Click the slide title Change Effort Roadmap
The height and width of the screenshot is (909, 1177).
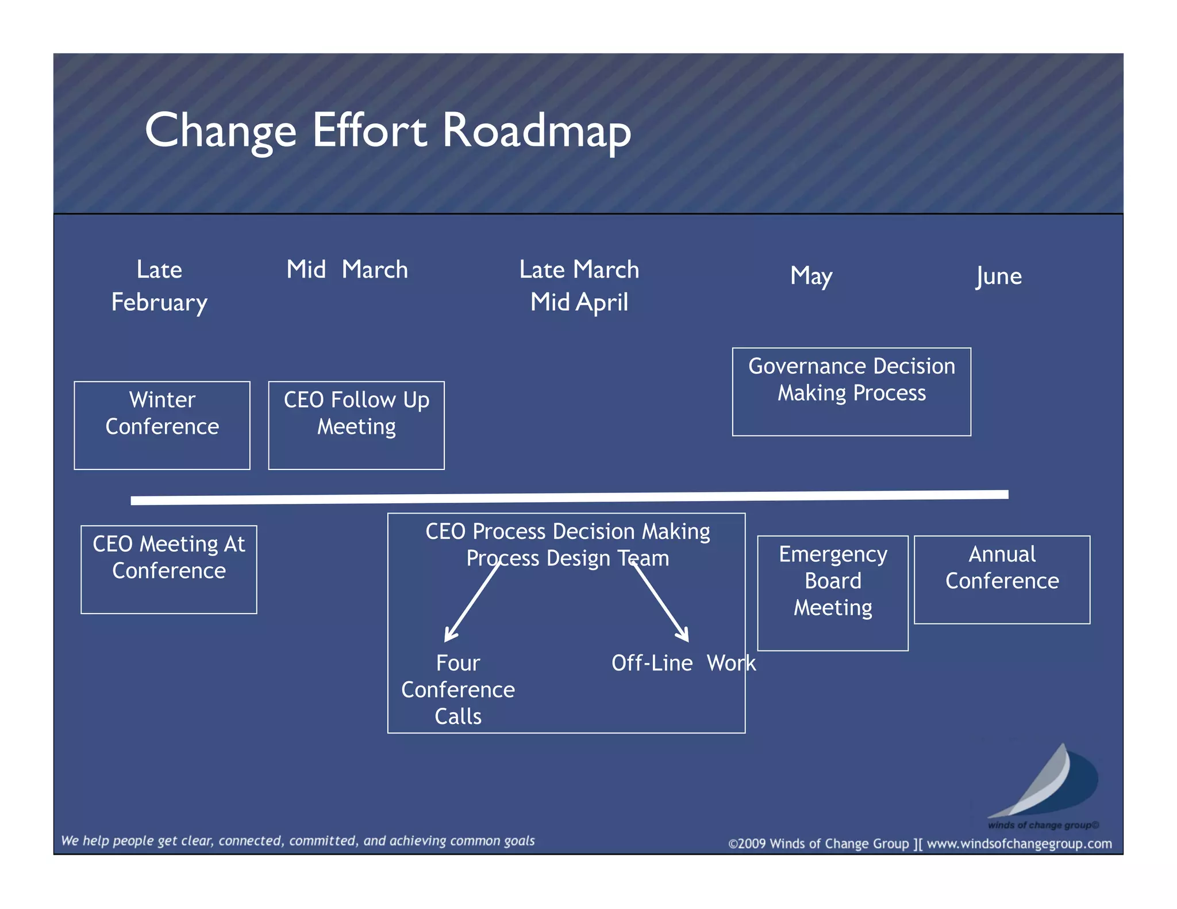click(388, 131)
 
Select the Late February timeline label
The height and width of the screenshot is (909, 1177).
click(159, 286)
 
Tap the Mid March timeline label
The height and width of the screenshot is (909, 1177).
click(347, 269)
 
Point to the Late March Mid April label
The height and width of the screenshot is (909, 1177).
click(579, 286)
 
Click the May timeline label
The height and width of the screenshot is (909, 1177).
click(811, 276)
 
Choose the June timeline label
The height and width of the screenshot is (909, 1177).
click(999, 276)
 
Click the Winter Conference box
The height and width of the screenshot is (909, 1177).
click(162, 425)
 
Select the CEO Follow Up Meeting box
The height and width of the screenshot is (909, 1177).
click(356, 425)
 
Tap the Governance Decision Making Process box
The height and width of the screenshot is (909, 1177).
click(851, 391)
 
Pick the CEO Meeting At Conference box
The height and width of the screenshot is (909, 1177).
click(168, 569)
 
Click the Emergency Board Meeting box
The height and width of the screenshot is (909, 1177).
click(833, 592)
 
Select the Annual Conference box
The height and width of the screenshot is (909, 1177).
click(1002, 579)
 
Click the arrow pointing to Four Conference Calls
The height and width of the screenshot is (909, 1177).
click(472, 603)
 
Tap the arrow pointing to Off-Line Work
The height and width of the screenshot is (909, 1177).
click(660, 603)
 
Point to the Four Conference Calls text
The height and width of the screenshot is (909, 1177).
click(458, 690)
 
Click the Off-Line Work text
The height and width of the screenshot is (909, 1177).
click(683, 663)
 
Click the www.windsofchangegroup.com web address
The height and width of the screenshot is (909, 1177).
click(1019, 843)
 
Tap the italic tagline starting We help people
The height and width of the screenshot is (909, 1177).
click(298, 841)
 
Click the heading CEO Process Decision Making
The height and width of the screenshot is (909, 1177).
click(567, 531)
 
